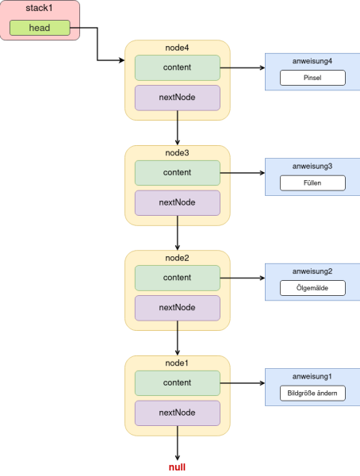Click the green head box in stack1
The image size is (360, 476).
pos(40,28)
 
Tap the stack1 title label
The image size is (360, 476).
pos(39,8)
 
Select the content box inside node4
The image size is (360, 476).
pos(178,67)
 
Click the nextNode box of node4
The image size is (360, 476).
pos(178,98)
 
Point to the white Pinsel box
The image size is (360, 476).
pos(312,78)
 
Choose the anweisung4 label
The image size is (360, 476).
pos(312,61)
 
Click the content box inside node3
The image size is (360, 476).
pos(178,173)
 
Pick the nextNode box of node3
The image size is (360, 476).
pos(178,203)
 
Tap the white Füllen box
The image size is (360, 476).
pos(312,183)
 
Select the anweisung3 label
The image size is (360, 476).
pos(312,167)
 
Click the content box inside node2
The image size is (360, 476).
pos(178,278)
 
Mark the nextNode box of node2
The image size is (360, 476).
pos(178,308)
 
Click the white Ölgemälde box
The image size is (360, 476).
pos(312,288)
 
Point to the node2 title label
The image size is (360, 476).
pos(178,258)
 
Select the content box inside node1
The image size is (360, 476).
pos(178,383)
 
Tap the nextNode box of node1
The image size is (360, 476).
pos(178,413)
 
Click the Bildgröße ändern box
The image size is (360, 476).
pos(312,393)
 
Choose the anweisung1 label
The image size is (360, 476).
pos(312,377)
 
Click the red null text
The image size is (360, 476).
pos(178,467)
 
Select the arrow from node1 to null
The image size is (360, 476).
pos(178,443)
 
